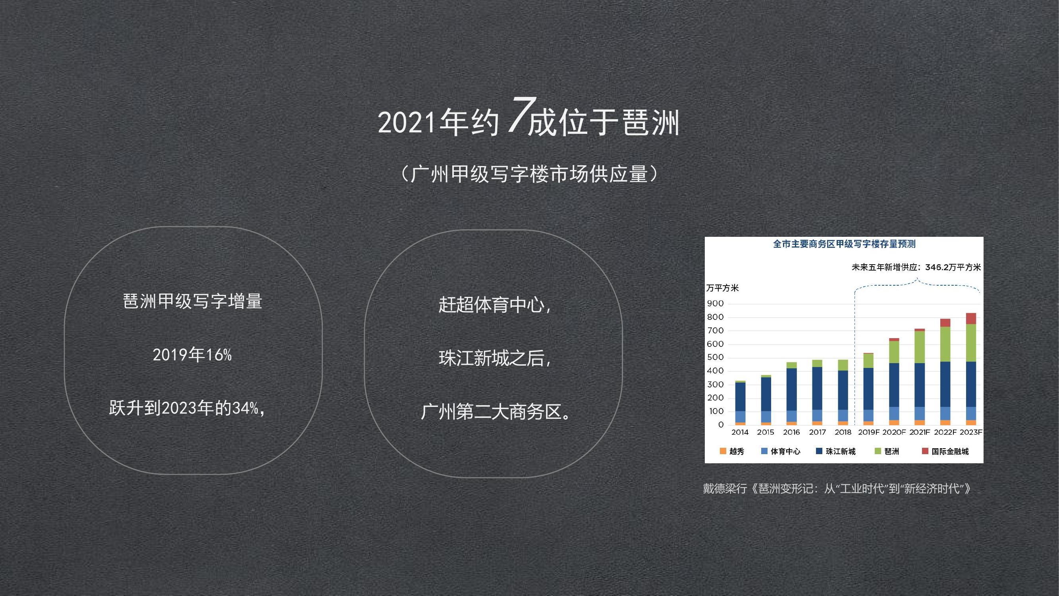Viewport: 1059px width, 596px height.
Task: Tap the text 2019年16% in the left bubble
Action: coord(193,354)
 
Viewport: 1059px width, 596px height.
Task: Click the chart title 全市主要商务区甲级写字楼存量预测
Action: coord(845,244)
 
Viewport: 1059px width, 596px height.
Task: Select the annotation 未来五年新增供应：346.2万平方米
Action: coord(916,267)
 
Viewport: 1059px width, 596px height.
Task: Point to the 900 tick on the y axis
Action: coord(715,304)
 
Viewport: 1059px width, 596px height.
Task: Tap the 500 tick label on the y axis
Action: coord(715,357)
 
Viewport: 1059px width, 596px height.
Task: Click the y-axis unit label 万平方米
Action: coord(722,288)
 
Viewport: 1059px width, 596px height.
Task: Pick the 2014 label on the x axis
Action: coord(740,432)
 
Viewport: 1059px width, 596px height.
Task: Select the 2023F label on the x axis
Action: coord(970,432)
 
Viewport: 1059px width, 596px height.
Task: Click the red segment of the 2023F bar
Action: coord(970,318)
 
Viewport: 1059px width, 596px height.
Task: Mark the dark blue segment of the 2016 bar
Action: coord(791,389)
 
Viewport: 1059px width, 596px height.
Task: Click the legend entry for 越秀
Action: coord(732,451)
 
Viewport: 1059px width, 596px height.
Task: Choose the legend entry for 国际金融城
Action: coord(945,451)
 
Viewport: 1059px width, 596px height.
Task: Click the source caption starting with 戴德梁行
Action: coord(837,489)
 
